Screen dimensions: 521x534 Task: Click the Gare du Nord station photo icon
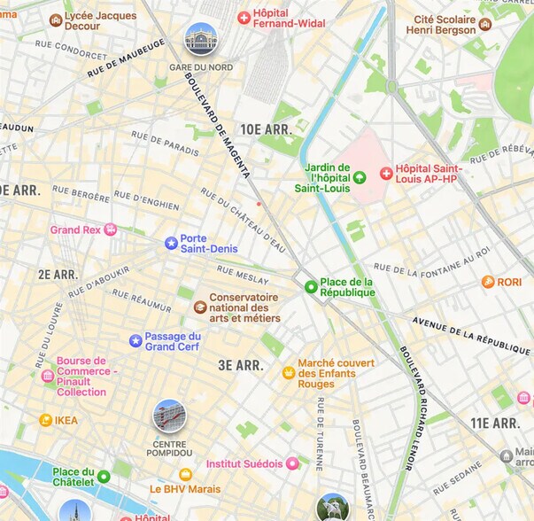tap(200, 39)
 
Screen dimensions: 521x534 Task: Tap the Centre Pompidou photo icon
tap(169, 416)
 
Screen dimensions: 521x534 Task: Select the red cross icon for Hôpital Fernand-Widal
tap(244, 18)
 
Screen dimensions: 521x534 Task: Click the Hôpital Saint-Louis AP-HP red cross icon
tap(386, 174)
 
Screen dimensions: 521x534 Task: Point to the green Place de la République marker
tap(311, 287)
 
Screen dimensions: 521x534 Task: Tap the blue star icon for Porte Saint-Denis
tap(171, 243)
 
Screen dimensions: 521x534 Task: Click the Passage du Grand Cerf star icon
tap(135, 340)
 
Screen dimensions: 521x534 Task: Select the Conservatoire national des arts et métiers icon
tap(200, 307)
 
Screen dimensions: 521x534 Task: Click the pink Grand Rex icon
tap(110, 229)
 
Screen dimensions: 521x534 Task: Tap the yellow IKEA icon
tap(45, 420)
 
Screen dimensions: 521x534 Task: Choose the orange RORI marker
tap(487, 282)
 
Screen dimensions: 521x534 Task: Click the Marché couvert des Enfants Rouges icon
tap(288, 373)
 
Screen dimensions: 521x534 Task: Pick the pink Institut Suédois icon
tap(291, 463)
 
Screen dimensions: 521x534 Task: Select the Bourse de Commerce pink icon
tap(48, 376)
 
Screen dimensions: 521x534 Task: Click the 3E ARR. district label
tap(240, 365)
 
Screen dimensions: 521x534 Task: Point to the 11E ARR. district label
tap(494, 424)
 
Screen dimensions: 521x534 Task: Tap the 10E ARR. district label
tap(266, 128)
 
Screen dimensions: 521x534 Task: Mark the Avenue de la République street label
tap(472, 331)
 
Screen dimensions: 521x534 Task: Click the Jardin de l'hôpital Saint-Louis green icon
tap(359, 177)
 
